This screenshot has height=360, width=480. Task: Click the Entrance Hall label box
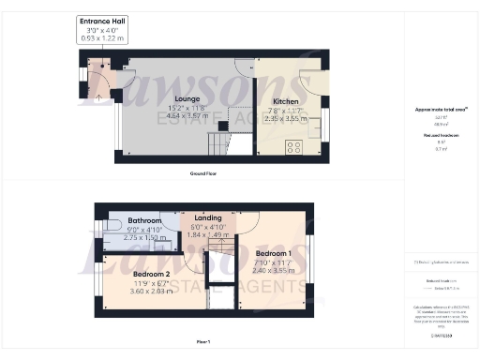click(x=104, y=28)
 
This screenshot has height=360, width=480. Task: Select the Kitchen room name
click(x=285, y=101)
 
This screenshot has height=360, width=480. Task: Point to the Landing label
click(x=208, y=218)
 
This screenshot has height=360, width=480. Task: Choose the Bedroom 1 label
click(x=276, y=253)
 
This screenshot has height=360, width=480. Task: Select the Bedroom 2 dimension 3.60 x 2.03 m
click(x=143, y=292)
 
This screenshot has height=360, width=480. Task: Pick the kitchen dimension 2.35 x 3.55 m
click(x=285, y=119)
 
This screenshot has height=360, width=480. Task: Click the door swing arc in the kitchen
click(x=308, y=82)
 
